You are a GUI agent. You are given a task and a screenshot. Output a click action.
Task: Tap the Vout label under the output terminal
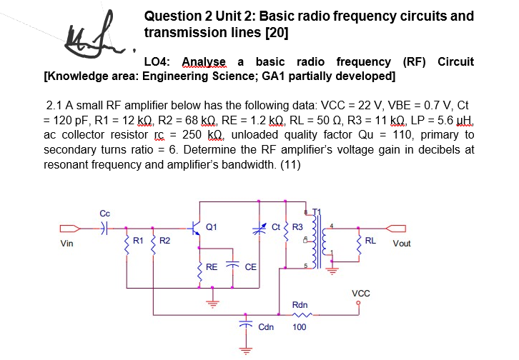pos(402,244)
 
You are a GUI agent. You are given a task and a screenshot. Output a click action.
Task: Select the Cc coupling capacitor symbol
pos(104,229)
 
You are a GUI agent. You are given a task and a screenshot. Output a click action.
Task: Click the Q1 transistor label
pos(211,228)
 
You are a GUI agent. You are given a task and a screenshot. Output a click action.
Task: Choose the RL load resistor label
pos(371,240)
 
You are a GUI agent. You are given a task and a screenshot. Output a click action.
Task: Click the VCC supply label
pos(361,294)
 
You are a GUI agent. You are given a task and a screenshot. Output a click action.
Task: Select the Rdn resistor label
pos(300,305)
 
